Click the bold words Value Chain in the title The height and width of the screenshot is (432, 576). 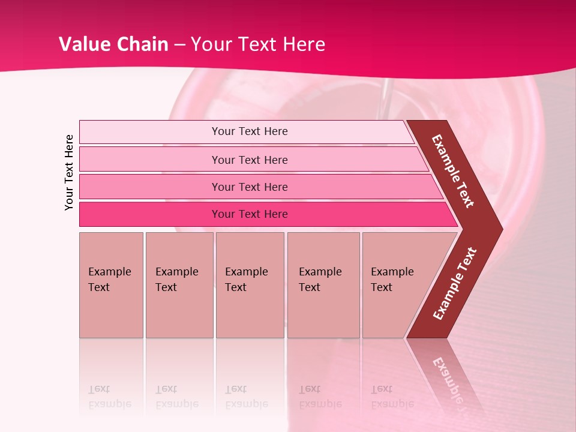[x=113, y=44]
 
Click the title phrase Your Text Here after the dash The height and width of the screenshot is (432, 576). [x=258, y=44]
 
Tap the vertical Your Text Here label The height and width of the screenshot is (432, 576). [x=69, y=172]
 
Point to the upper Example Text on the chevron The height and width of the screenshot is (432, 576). [x=454, y=171]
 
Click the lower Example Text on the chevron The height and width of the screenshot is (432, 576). [x=455, y=284]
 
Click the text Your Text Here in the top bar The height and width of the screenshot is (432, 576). [x=250, y=131]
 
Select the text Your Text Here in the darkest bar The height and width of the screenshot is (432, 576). [x=250, y=214]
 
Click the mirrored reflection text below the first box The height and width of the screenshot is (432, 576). [x=109, y=397]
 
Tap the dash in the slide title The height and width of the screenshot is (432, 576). [x=180, y=45]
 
